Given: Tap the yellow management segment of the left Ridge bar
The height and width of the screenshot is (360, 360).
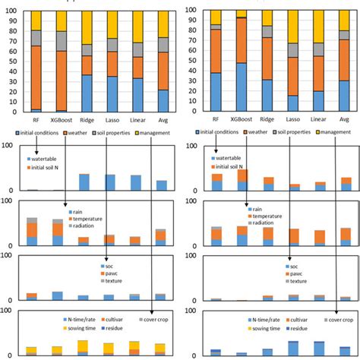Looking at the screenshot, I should click(x=86, y=29).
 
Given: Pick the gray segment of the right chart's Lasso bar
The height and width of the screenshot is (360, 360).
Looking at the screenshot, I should click(x=292, y=49).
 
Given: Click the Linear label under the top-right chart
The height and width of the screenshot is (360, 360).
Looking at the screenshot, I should click(x=319, y=119).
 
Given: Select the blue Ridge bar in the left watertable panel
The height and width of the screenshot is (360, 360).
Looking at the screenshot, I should click(x=86, y=182).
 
